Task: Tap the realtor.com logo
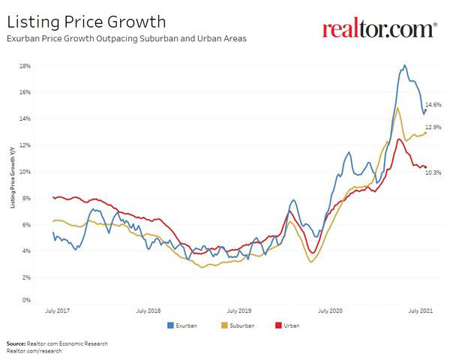point(379,29)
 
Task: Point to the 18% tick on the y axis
point(25,66)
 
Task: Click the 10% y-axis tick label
point(25,172)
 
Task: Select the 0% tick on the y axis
point(26,301)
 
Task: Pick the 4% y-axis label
point(26,251)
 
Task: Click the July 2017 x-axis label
point(58,310)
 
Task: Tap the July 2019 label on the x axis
point(239,310)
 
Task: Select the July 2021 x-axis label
point(419,310)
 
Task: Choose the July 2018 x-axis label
point(148,310)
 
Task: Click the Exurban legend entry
point(183,326)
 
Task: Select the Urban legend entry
point(286,326)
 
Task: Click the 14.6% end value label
point(433,105)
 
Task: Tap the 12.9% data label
point(433,128)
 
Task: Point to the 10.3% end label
point(433,172)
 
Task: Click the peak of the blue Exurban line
point(405,65)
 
